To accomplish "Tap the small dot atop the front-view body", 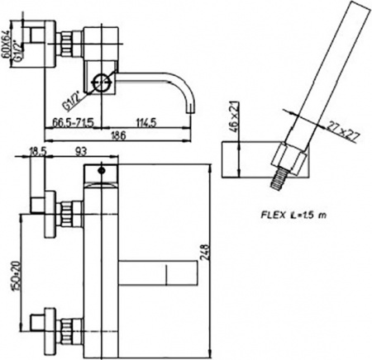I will coord(100,172).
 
